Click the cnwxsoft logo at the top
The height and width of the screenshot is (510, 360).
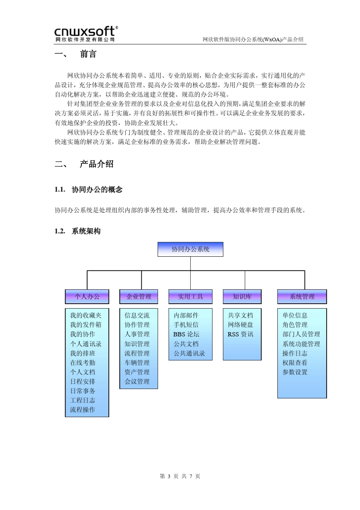point(86,33)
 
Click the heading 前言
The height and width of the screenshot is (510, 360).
point(88,54)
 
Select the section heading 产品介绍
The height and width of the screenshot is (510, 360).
point(97,164)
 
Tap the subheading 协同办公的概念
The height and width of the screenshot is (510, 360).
point(97,190)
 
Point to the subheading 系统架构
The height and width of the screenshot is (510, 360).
point(86,231)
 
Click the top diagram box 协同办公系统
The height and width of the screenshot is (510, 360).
point(190,249)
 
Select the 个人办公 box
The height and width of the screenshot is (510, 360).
point(87,297)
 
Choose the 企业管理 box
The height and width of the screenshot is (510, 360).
point(139,297)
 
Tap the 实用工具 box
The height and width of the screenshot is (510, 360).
point(190,297)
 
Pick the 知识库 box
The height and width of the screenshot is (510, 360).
point(242,297)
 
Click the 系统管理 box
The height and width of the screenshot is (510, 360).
point(302,297)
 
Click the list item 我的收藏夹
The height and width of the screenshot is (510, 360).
point(86,315)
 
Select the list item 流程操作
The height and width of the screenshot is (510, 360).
point(83,410)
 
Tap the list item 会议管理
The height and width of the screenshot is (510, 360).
point(137,381)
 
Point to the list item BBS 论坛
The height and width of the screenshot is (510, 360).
point(186,334)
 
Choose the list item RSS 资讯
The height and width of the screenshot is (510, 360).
point(240,334)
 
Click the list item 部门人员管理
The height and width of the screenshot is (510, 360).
point(301,334)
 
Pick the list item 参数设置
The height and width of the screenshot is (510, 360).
point(295,372)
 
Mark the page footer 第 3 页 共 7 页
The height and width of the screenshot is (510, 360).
point(180,476)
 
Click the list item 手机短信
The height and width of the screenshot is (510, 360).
point(186,325)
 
